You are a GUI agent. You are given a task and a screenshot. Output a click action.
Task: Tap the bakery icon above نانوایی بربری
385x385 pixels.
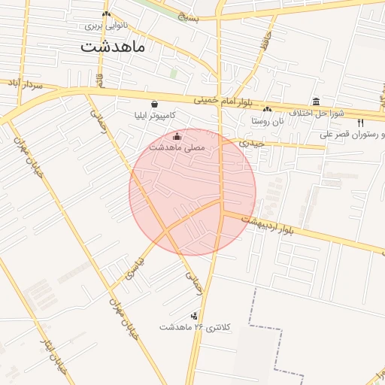pyautogui.click(x=106, y=14)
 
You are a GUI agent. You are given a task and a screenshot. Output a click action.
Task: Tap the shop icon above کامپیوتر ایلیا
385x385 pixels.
pyautogui.click(x=155, y=105)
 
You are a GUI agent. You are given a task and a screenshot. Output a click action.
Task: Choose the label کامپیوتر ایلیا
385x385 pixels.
pyautogui.click(x=153, y=116)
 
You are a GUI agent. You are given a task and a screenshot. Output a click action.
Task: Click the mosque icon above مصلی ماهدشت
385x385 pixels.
pyautogui.click(x=177, y=136)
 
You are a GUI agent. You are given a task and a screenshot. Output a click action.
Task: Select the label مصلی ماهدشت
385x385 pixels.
pyautogui.click(x=177, y=147)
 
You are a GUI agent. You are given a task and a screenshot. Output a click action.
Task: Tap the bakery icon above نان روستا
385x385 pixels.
pyautogui.click(x=267, y=110)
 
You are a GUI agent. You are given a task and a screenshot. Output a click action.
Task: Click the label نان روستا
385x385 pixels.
pyautogui.click(x=268, y=121)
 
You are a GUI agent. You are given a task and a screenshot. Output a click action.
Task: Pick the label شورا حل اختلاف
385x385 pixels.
pyautogui.click(x=332, y=114)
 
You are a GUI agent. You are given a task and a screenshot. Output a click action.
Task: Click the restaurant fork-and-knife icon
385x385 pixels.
pyautogui.click(x=360, y=123)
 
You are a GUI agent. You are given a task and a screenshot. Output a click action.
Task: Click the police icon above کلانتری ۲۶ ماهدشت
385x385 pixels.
pyautogui.click(x=195, y=316)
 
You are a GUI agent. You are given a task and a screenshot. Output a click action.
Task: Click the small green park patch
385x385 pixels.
pyautogui.click(x=174, y=74)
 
